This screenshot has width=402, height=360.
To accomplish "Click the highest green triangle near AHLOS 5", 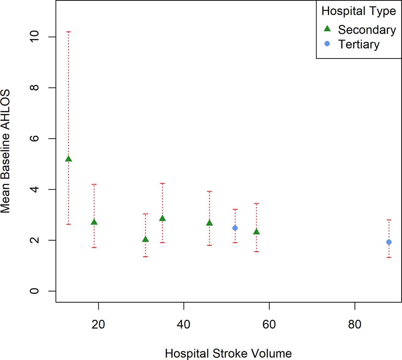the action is coord(68,159).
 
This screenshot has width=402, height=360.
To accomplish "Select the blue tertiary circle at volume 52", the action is coord(235,228).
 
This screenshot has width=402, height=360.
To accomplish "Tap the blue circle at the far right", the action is coord(389,242).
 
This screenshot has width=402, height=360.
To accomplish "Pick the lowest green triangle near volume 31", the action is coord(145,239).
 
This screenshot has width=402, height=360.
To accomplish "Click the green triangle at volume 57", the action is coord(256,232).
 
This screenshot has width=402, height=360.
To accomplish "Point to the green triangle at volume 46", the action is coord(209,223).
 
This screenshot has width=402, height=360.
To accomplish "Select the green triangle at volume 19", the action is coord(94,222).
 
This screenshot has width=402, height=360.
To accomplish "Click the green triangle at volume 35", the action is coord(162,218).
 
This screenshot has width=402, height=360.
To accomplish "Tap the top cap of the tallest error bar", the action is coord(68,32).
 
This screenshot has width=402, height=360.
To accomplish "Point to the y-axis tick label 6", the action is coord(34,138).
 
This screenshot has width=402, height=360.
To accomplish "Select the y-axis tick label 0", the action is coord(34,291).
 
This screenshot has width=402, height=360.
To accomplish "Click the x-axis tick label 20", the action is coord(98,325).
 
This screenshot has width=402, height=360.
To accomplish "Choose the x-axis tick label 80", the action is coord(355,325).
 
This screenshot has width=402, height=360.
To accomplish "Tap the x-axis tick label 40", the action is coord(183,325).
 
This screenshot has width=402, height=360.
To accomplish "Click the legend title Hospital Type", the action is coord(359,11).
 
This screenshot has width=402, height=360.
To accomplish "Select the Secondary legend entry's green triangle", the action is coord(327,29).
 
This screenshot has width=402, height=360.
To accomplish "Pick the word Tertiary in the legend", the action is coord(359,45).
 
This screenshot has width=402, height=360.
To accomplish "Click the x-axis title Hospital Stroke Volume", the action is coord(228,353).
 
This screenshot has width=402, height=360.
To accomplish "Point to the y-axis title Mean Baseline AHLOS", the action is coord(5,151).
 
